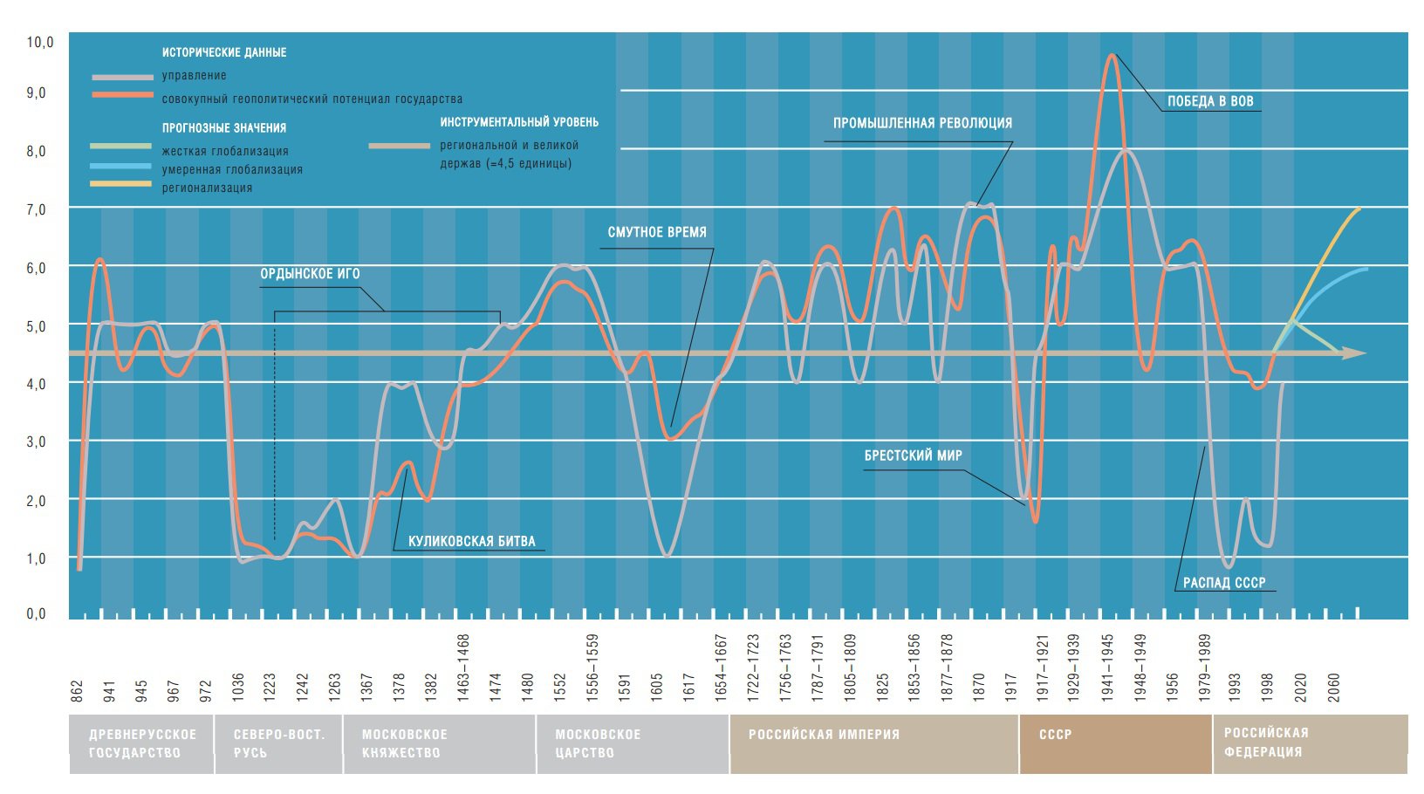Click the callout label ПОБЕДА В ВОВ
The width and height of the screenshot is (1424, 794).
1210,101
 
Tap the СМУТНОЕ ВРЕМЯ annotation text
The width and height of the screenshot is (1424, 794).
657,233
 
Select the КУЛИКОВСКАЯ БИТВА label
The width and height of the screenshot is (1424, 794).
471,541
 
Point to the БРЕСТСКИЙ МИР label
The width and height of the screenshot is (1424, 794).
913,455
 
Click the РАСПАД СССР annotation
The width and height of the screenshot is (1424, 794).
1223,583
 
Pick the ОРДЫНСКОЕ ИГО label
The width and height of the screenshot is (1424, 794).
310,274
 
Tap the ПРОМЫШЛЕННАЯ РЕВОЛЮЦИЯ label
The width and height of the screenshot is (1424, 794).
922,123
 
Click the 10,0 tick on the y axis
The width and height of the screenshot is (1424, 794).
40,42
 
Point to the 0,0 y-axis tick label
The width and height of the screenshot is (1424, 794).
36,613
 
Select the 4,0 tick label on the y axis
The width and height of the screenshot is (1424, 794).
36,383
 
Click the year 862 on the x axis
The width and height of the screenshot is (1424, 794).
77,690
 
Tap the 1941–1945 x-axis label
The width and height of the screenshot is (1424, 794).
1107,668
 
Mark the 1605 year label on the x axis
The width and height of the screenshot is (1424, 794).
656,686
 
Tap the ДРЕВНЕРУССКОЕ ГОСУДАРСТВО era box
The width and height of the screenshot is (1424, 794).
142,743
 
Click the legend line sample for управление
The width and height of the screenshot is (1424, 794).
121,77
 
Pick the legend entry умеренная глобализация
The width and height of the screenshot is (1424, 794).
232,169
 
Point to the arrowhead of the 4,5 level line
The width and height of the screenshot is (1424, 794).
1355,353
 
